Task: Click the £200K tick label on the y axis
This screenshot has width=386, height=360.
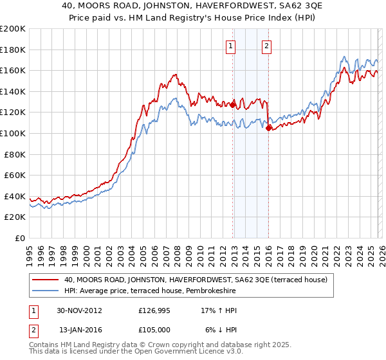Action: click(13, 29)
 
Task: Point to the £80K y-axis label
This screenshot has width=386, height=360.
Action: click(15, 154)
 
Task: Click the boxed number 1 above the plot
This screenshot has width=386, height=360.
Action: click(230, 46)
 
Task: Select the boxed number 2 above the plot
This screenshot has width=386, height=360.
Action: click(266, 46)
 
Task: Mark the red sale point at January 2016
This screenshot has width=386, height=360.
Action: click(268, 128)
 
